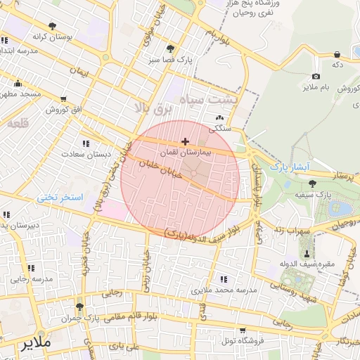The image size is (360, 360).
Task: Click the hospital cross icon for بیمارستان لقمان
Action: [185, 142]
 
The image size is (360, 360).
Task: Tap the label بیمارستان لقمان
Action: [185, 152]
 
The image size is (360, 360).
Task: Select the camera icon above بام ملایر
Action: [316, 76]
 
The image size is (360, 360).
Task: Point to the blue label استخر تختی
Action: [60, 198]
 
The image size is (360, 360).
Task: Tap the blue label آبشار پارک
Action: [290, 167]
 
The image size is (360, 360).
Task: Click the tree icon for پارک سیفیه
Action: [312, 184]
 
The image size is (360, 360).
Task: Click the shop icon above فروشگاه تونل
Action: [243, 330]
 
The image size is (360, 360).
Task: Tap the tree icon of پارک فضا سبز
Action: [170, 49]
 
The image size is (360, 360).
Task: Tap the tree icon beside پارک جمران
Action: [79, 307]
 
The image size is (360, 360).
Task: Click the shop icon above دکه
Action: [337, 54]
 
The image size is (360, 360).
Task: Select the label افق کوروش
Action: [65, 110]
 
